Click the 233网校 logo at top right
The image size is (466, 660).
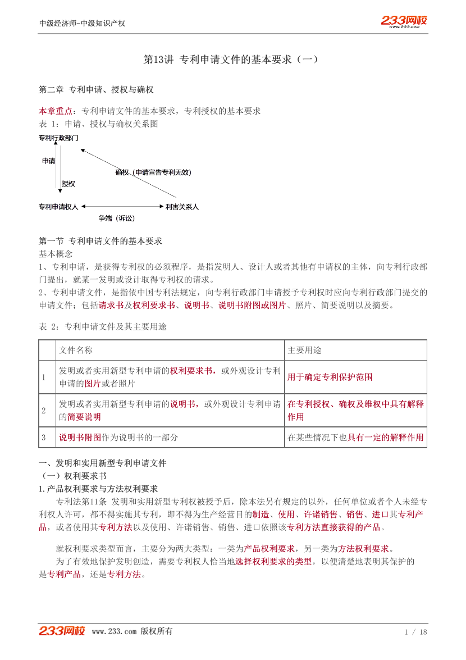click(x=404, y=21)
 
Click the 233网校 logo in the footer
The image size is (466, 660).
click(x=62, y=631)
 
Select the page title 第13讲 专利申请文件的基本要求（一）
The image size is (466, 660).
click(x=231, y=59)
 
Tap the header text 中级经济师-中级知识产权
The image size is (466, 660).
click(x=83, y=24)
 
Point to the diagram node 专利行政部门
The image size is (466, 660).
click(x=58, y=138)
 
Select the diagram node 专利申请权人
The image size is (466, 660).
click(x=58, y=207)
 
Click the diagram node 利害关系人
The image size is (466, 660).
click(x=182, y=207)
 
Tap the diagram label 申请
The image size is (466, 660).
click(x=49, y=161)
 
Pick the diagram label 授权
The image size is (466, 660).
click(x=68, y=184)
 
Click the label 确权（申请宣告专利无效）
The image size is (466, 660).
click(x=153, y=172)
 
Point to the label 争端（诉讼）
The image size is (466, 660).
click(x=117, y=219)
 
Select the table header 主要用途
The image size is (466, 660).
click(x=304, y=350)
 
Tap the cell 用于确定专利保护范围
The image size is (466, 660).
click(x=330, y=377)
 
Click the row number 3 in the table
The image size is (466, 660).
click(x=43, y=437)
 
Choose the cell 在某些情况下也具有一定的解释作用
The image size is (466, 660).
click(x=355, y=437)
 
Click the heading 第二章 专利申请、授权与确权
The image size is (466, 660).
click(x=96, y=90)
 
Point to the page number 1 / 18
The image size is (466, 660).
click(x=415, y=632)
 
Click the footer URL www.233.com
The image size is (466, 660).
click(x=114, y=631)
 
